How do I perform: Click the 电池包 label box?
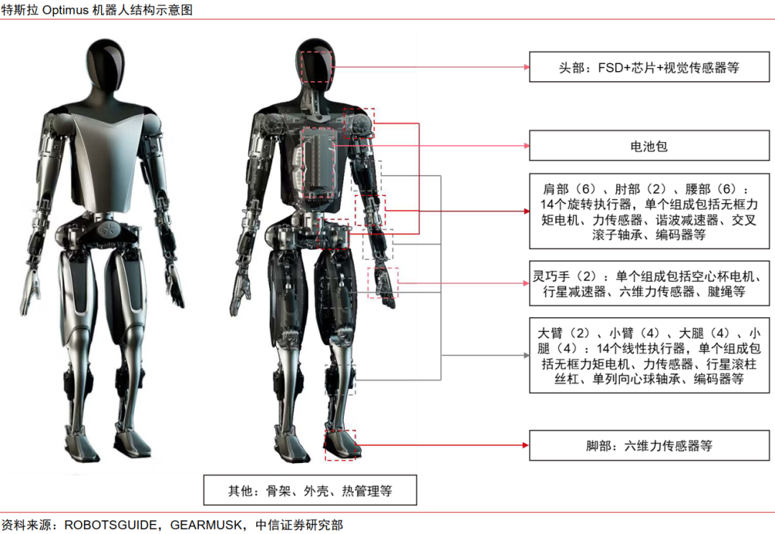(x=649, y=146)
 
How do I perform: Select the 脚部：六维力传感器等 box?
(x=649, y=446)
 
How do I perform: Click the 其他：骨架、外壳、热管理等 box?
(x=310, y=490)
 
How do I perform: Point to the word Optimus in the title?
(x=66, y=10)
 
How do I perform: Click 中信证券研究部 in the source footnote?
(x=299, y=525)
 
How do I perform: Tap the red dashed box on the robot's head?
(x=316, y=67)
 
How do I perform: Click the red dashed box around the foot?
(x=340, y=446)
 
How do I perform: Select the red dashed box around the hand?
(x=382, y=283)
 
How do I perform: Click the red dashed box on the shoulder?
(x=359, y=123)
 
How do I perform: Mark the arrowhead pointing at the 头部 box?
(x=527, y=67)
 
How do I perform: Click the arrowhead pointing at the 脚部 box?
(x=527, y=445)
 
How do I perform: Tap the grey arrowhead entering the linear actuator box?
(x=527, y=355)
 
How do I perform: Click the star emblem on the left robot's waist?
(x=105, y=230)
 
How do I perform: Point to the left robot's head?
(x=105, y=65)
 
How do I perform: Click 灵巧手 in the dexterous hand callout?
(x=551, y=276)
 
